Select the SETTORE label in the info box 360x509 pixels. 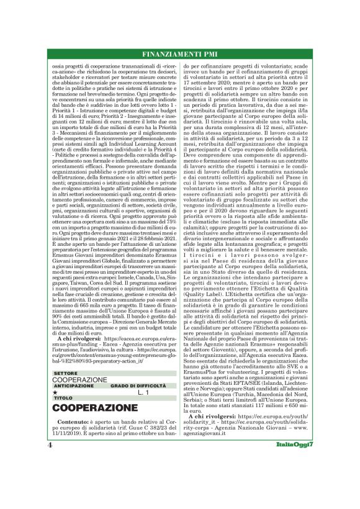tap(66, 373)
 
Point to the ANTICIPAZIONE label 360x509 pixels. tap(74, 385)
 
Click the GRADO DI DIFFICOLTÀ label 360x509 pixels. tap(135, 385)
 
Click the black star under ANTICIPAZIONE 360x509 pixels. tap(55, 392)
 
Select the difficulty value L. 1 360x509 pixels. tap(143, 392)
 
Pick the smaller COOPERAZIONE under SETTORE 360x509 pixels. tap(80, 379)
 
